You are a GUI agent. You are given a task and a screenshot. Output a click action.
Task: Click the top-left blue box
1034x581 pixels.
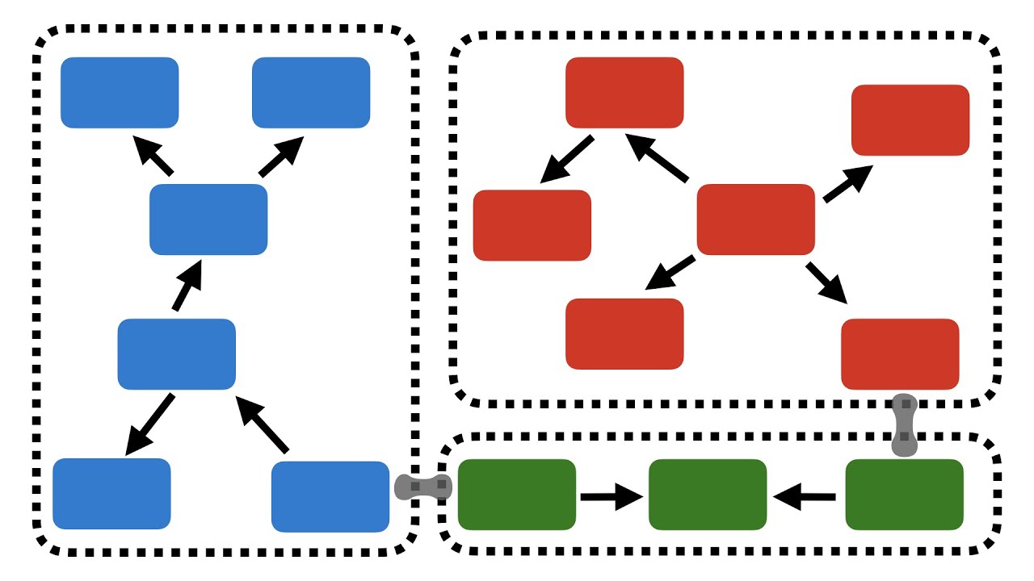pos(120,93)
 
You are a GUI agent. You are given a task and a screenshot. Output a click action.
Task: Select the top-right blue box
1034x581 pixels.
pos(311,93)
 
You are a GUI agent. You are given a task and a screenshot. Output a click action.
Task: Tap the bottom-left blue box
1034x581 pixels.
pos(111,494)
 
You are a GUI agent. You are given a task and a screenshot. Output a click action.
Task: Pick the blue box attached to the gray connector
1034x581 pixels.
pos(330,496)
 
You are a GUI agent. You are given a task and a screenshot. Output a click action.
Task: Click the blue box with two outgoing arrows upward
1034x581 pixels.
pos(208,219)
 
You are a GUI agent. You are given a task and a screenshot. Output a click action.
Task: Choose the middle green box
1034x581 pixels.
pos(708,495)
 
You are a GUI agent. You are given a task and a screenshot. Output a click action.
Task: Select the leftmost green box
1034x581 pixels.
pos(517,495)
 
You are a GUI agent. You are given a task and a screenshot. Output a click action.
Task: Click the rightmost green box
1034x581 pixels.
pos(904,495)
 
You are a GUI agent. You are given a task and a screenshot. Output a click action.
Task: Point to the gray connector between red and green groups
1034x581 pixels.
pos(906,425)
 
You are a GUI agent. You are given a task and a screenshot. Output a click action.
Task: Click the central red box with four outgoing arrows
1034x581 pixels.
pos(755,219)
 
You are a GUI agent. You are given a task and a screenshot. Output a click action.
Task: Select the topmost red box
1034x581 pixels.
pos(624,93)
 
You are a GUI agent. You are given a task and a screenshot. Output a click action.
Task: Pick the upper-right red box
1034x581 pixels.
pos(910,119)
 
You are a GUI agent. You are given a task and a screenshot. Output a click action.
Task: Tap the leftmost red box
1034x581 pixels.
pos(532,225)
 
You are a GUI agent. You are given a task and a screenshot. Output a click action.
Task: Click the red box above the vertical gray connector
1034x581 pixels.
pos(900,353)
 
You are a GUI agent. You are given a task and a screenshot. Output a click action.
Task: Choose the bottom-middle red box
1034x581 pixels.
pos(624,333)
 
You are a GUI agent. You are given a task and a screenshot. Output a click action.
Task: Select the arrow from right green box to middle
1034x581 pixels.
pos(805,497)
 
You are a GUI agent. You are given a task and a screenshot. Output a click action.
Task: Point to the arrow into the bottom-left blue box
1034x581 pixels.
pos(151,423)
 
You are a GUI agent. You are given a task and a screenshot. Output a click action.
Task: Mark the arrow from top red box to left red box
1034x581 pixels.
pos(568,158)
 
